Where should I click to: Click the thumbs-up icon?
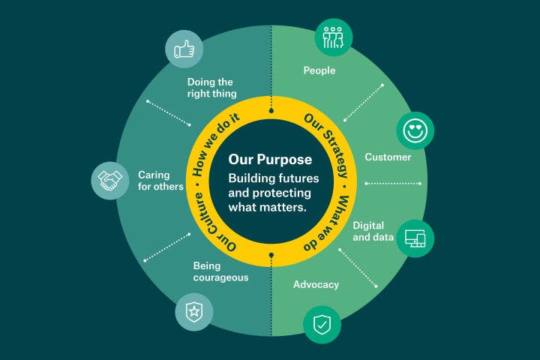click(184, 50)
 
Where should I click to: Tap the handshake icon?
click(111, 180)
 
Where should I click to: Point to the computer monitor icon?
click(415, 238)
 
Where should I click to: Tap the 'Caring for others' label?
click(160, 181)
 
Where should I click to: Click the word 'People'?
click(319, 71)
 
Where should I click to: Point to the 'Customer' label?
click(388, 157)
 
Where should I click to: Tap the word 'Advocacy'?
click(316, 285)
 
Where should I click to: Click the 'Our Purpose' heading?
click(270, 160)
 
